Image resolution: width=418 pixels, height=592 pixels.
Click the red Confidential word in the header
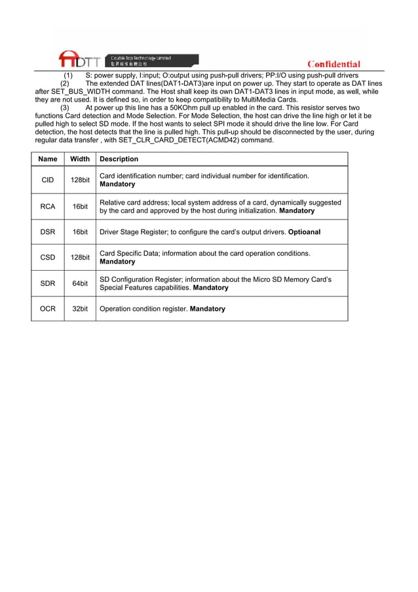click(x=333, y=64)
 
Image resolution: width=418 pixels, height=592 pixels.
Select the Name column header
click(x=48, y=159)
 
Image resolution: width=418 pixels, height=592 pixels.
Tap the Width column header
click(x=80, y=159)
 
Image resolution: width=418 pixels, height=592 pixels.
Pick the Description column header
click(x=119, y=159)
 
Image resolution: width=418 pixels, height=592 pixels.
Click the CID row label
click(x=48, y=180)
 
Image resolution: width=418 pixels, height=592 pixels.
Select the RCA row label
click(x=48, y=207)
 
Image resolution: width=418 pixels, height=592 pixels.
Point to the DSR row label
click(x=48, y=232)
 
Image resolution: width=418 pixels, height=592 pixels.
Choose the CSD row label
click(x=48, y=258)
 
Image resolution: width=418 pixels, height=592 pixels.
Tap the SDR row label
click(x=48, y=283)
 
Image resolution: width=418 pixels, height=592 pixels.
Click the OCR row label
click(x=48, y=309)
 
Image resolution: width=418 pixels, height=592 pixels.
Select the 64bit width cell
click(x=80, y=283)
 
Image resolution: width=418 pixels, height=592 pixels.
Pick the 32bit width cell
click(x=80, y=309)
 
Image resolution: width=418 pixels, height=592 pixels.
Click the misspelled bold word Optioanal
click(x=304, y=232)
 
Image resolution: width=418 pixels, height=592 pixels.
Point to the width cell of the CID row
click(x=80, y=180)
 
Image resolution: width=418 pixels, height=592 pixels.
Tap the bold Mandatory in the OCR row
click(x=207, y=309)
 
